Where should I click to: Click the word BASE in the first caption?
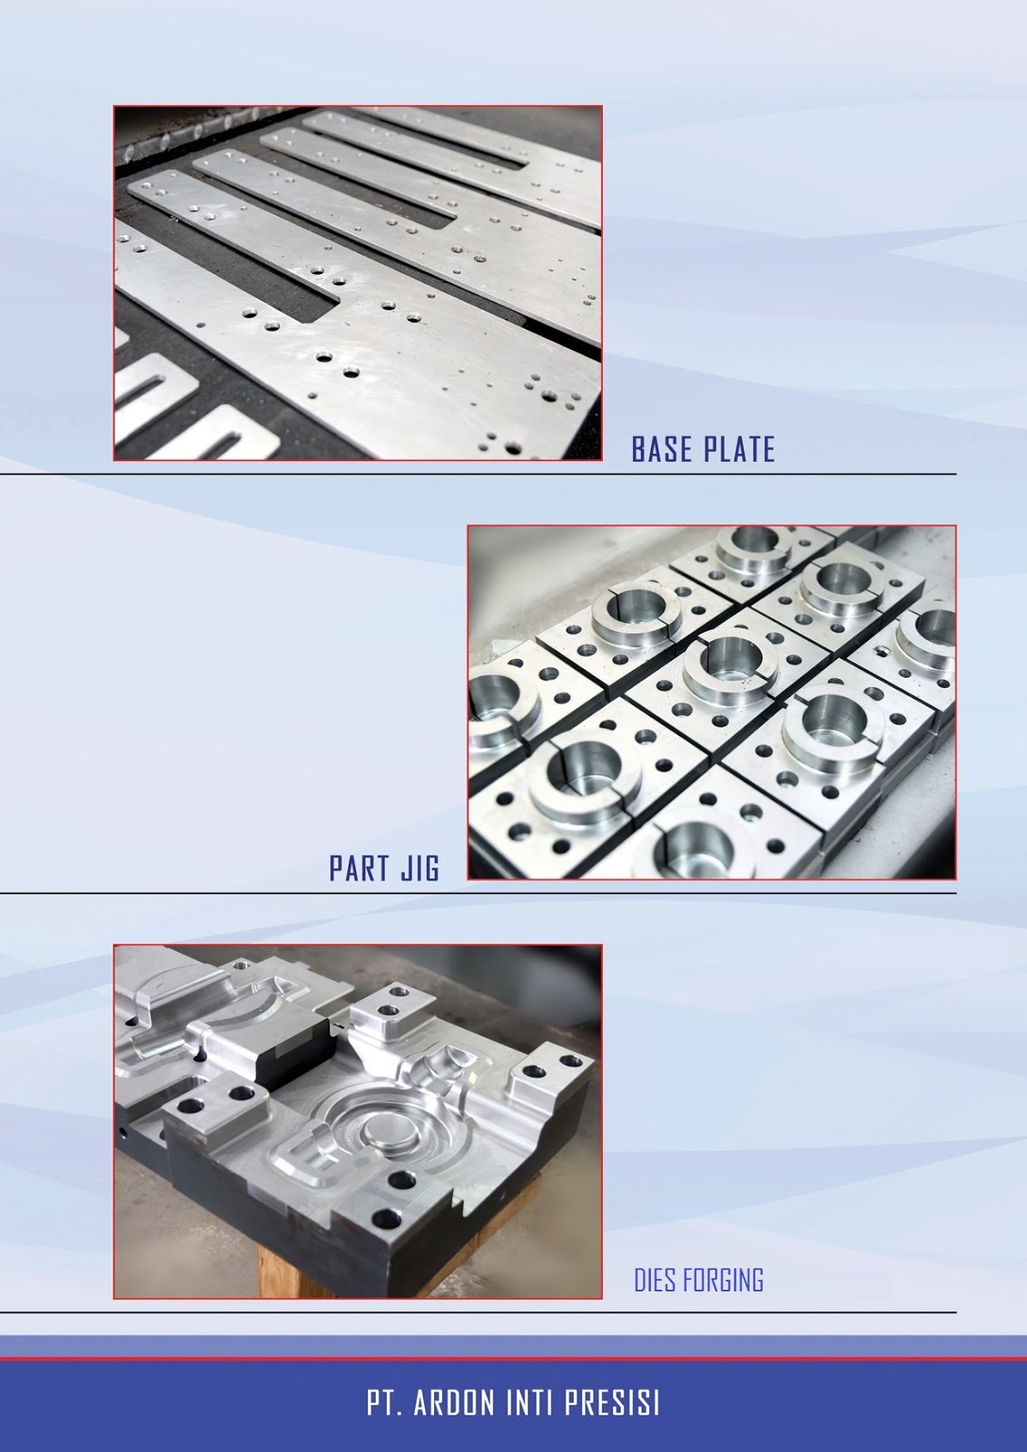pos(663,449)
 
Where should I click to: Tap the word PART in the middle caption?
pos(360,868)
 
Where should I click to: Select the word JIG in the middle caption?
pos(419,868)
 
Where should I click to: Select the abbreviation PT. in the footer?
pos(385,1406)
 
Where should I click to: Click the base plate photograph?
pos(358,283)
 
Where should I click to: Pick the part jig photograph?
pos(711,702)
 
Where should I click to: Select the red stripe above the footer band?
pos(513,1359)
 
